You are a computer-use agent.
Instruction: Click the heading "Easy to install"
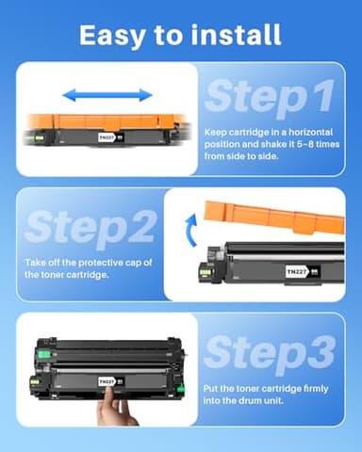coord(180,35)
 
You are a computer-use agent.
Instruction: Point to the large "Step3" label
coord(269,352)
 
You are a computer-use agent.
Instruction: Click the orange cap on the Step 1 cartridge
coord(104,120)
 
